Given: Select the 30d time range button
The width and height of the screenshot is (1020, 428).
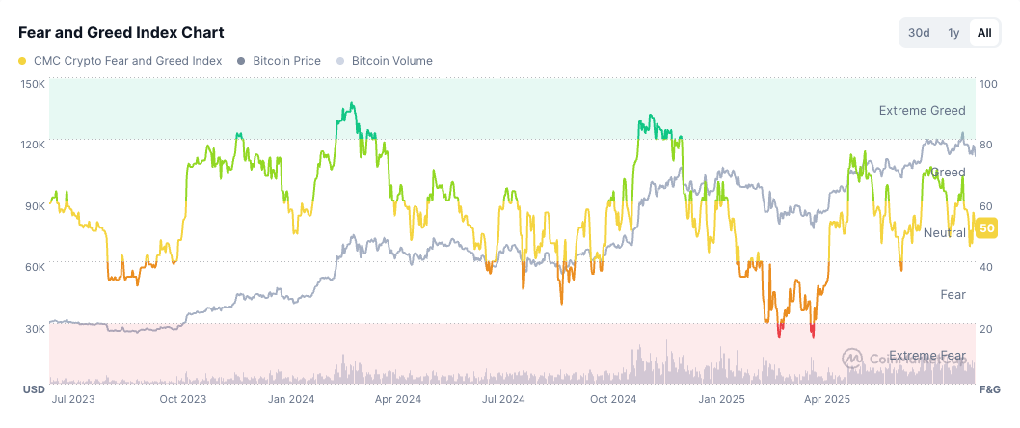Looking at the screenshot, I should pos(920,33).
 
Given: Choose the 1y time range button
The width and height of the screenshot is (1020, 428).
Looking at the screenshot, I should pos(953,33).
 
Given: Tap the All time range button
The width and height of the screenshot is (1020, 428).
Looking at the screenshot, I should pos(983,33).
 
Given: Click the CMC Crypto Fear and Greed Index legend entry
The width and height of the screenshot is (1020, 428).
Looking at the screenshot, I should pos(121,61).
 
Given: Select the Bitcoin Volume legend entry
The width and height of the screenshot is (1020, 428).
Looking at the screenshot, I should pos(385,61).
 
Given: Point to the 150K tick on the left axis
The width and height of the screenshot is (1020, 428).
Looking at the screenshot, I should pos(33,84).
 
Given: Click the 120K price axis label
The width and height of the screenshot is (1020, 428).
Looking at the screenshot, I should pos(33,145).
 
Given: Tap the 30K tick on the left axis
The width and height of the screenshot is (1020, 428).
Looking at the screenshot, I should pos(35,329).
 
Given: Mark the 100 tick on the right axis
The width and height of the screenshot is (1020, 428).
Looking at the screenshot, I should pos(987,84).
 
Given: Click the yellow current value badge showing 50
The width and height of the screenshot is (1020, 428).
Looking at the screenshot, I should pos(986,228).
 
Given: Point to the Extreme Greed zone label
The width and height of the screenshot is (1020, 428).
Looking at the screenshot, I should pos(922,111).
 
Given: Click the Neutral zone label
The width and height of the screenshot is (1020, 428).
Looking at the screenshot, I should pos(944,233).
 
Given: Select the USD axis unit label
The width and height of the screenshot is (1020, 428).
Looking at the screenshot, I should pos(33,389).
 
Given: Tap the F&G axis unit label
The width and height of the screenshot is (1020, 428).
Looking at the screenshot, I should pos(990,389).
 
